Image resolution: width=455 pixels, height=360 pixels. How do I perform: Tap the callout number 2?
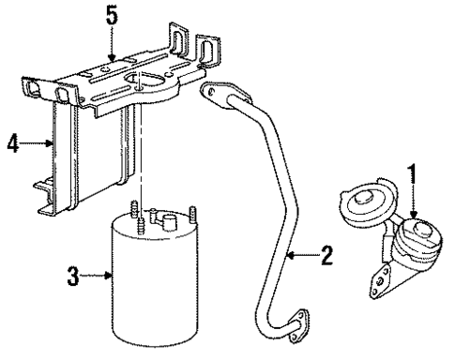[x=325, y=254]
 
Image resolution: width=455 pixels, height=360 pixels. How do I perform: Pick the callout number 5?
[x=113, y=16]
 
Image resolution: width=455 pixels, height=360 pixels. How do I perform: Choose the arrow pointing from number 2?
[x=300, y=254]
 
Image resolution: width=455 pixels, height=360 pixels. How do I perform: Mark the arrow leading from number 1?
[x=413, y=202]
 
